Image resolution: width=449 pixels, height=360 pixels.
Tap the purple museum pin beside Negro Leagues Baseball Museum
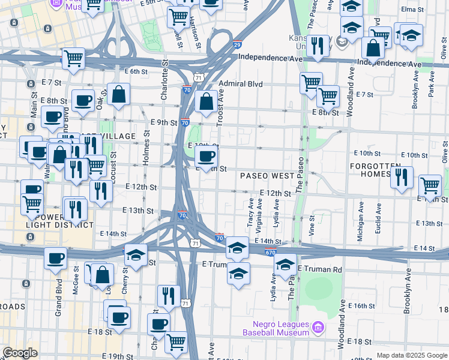(318, 328)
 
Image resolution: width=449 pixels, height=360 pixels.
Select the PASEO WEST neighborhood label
(267, 176)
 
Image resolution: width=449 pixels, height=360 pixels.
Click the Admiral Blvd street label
(241, 85)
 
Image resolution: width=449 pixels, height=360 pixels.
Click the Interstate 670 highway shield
(270, 252)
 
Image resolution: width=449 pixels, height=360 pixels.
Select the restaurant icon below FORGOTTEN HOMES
(402, 178)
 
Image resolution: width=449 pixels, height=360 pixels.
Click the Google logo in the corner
(20, 353)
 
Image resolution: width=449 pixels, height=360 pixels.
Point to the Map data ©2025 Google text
(411, 355)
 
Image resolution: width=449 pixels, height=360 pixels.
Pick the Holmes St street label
(146, 146)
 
